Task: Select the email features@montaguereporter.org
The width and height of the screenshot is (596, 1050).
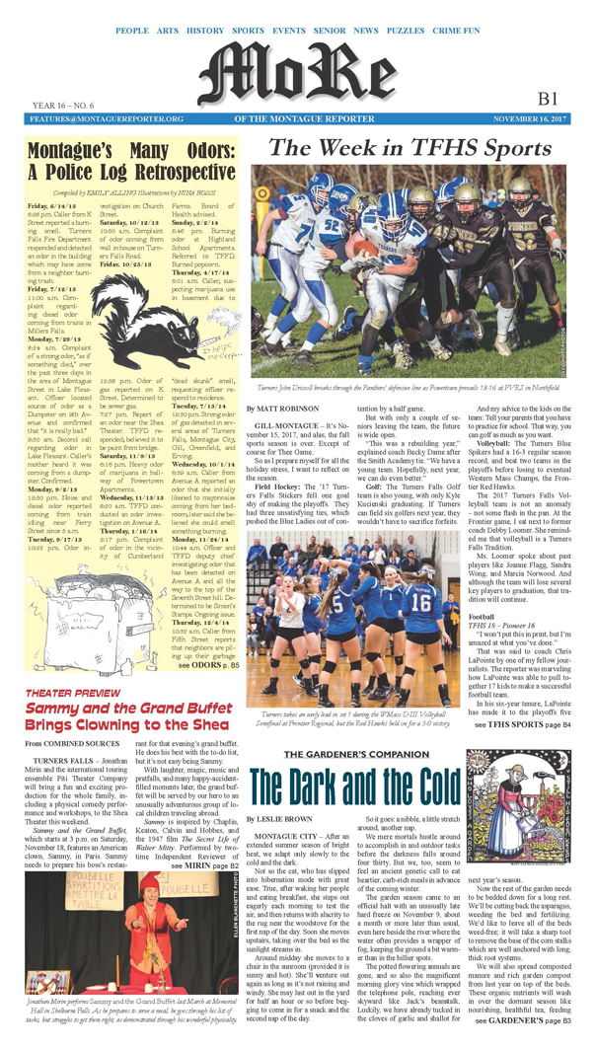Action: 93,118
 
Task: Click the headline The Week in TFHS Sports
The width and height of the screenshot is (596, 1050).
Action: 411,148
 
